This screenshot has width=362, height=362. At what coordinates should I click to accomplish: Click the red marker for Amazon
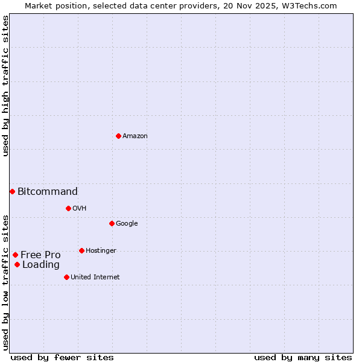point(118,136)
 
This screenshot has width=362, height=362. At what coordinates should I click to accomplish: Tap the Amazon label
point(135,136)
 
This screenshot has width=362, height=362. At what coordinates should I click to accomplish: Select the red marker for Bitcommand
point(12,191)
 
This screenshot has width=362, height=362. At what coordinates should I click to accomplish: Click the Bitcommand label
point(48,192)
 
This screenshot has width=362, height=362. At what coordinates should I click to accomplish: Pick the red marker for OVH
point(68,208)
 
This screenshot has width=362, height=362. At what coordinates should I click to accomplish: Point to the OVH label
point(79,209)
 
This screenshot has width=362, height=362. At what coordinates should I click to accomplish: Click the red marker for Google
point(112,223)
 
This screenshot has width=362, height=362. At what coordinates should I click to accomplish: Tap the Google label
point(127,224)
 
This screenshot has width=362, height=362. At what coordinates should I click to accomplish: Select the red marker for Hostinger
point(81,250)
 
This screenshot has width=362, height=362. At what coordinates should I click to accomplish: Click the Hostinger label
point(101,251)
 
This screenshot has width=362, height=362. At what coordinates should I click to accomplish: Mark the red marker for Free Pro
point(15,255)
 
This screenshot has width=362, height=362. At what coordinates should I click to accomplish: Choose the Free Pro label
point(40,255)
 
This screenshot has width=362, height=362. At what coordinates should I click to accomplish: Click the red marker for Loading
point(17,264)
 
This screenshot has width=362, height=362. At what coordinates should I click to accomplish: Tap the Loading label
point(41,265)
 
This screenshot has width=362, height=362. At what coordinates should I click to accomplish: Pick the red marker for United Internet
point(66,277)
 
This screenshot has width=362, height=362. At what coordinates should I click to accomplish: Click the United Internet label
point(95,278)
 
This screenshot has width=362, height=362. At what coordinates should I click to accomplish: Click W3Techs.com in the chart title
point(312,6)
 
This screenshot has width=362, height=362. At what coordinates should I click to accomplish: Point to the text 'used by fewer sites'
point(62,357)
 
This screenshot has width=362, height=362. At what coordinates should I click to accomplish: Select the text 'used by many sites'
point(303,357)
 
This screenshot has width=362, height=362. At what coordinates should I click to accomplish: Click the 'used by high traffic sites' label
point(5,86)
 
